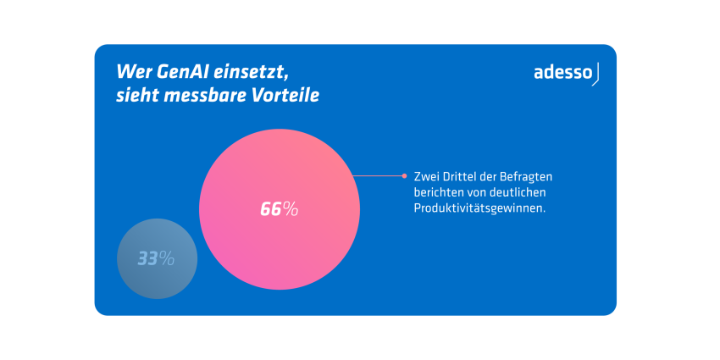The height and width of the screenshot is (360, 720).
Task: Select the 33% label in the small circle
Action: tap(156, 259)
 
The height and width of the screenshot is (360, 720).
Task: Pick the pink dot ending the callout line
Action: tap(404, 176)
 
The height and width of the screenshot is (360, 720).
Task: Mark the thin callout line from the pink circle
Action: tap(377, 176)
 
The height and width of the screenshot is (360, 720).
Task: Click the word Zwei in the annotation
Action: tap(425, 176)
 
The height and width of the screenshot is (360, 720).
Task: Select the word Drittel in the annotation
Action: tap(461, 176)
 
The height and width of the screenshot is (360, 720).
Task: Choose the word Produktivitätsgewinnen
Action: tap(479, 207)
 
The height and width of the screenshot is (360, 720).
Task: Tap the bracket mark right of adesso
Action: tap(596, 74)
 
